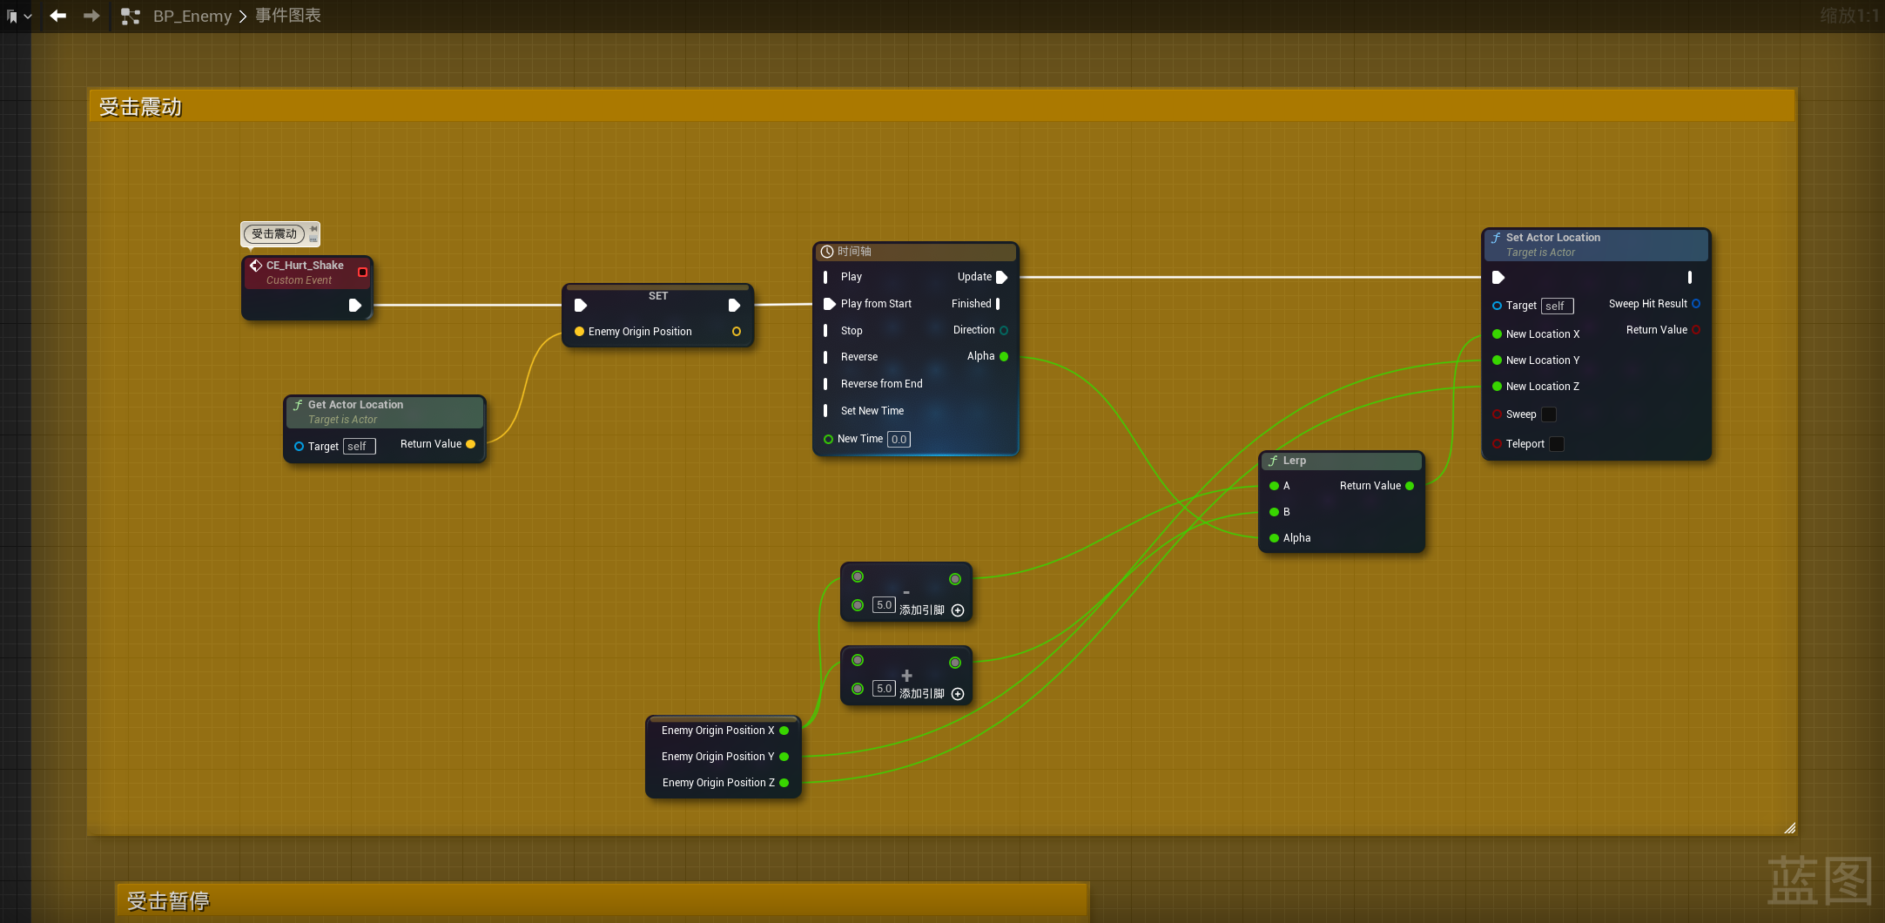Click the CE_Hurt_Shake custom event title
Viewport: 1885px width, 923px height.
click(x=304, y=266)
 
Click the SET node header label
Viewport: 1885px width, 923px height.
click(x=658, y=296)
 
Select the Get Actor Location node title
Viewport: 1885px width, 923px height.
click(x=355, y=405)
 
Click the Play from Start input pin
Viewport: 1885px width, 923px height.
click(x=830, y=304)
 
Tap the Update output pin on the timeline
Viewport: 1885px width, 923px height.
click(x=1001, y=277)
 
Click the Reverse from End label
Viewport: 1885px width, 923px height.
click(x=881, y=384)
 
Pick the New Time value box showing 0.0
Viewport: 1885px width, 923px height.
click(x=899, y=440)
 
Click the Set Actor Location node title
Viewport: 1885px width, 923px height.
click(x=1552, y=238)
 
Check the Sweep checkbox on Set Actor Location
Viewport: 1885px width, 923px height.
click(x=1549, y=414)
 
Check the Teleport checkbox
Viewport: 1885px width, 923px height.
click(x=1557, y=444)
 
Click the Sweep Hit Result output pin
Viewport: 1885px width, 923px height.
click(x=1696, y=304)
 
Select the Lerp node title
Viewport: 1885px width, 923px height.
click(x=1294, y=461)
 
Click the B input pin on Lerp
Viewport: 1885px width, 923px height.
click(x=1275, y=512)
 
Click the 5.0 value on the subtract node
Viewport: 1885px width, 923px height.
click(x=884, y=605)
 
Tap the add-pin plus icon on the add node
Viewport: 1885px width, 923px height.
click(x=958, y=694)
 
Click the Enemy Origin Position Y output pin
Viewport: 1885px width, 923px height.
click(x=784, y=757)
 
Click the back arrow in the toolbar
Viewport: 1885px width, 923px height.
click(x=58, y=16)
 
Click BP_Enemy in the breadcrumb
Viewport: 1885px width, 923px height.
click(x=192, y=17)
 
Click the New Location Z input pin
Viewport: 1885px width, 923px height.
click(x=1497, y=387)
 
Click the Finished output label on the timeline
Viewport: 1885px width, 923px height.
click(x=971, y=304)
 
